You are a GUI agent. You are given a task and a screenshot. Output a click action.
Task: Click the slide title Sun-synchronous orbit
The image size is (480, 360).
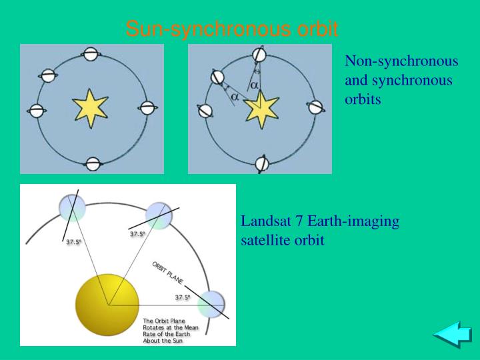232,29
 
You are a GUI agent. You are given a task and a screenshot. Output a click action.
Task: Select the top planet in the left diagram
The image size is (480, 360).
91,53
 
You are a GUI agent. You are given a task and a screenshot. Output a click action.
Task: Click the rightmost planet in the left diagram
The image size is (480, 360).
146,109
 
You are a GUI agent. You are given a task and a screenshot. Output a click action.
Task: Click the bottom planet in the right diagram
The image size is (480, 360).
263,162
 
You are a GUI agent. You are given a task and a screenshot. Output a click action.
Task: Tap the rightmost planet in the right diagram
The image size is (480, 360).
315,107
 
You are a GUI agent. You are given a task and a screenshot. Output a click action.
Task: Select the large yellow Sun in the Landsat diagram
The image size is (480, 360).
106,304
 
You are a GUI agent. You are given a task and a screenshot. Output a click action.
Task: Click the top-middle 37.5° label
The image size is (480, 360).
137,234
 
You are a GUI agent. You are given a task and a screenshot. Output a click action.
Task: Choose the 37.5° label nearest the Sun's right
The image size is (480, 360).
183,297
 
